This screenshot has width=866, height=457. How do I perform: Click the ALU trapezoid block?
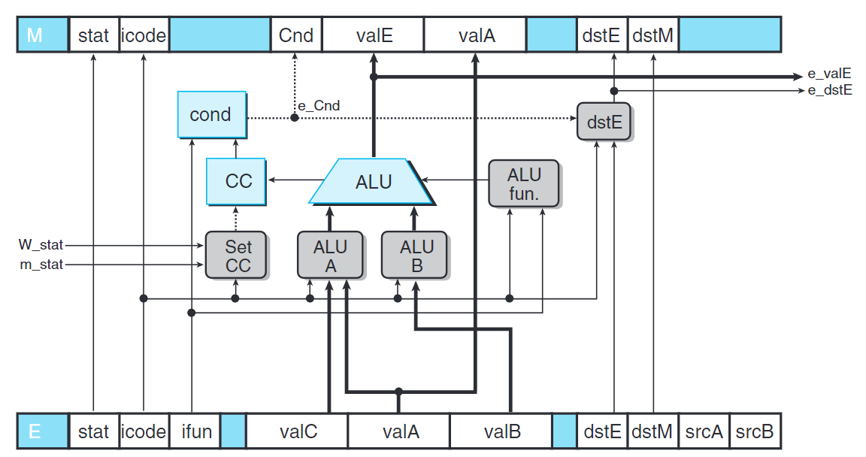coord(372,181)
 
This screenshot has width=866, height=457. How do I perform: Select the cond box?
coord(210,115)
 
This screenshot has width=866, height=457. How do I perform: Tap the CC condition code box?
coord(237,181)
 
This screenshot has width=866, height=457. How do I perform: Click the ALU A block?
coord(330,256)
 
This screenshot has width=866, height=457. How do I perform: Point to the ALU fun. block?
coord(524,183)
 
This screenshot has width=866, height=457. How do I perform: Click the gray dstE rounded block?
coord(604,122)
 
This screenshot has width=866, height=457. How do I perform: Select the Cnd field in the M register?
coord(296,35)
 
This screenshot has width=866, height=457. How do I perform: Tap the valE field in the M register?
coord(373,35)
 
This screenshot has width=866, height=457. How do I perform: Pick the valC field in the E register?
coord(298,432)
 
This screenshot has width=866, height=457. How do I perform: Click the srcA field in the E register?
coord(704,432)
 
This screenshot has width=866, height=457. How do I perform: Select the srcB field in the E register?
coord(755,432)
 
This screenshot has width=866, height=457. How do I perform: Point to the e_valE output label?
coord(828,74)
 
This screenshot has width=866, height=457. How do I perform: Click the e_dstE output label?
coord(828,90)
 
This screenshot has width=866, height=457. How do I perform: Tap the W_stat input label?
coord(41,245)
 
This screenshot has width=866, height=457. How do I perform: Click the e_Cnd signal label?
coord(319,106)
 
